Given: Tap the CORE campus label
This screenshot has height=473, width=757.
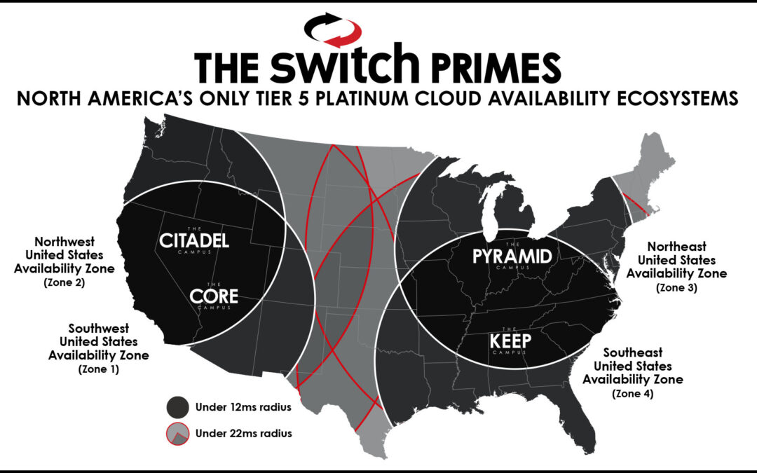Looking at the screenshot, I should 214,296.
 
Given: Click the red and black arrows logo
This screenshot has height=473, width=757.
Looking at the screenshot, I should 333,29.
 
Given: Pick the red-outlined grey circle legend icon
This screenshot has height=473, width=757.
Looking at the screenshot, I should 178,432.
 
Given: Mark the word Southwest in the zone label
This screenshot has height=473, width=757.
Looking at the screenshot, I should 98,328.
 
